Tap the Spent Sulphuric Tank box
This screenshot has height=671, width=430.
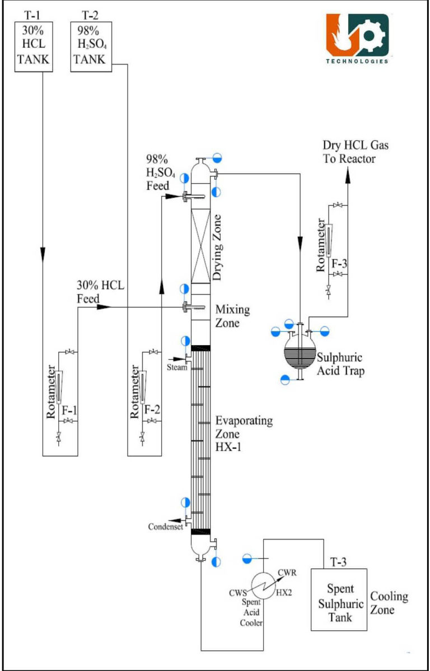point(339,600)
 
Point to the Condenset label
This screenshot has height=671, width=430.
point(166,526)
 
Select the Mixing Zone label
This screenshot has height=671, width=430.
point(233,316)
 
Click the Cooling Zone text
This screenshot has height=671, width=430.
point(390,603)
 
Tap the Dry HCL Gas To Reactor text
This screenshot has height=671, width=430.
point(355,152)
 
